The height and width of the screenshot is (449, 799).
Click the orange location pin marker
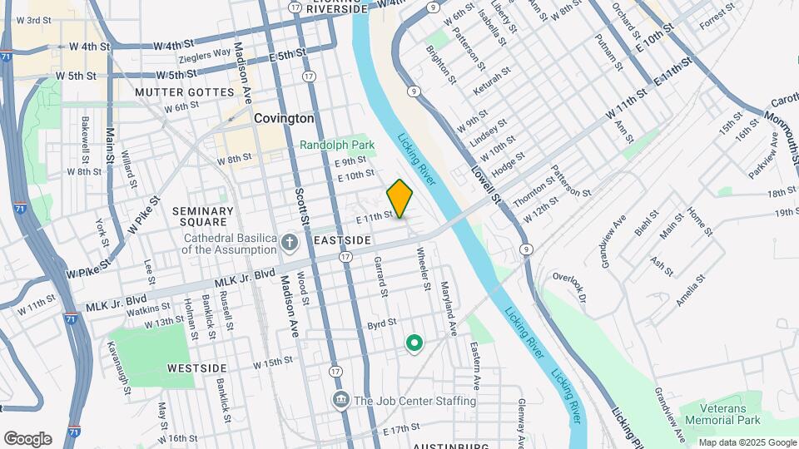click(400, 199)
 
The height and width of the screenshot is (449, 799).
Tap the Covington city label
click(284, 119)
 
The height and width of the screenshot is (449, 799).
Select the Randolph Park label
click(337, 145)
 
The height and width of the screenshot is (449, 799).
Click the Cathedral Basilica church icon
click(289, 243)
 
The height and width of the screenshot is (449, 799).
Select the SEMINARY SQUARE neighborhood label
click(202, 216)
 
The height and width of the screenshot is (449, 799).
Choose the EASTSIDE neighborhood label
click(341, 239)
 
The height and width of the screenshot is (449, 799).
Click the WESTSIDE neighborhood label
click(196, 368)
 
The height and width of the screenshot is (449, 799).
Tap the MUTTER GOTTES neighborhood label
click(184, 91)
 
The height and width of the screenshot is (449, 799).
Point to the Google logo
click(27, 439)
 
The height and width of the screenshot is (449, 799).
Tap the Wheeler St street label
click(424, 268)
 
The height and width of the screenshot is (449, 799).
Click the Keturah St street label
click(489, 86)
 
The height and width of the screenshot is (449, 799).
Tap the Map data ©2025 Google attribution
click(747, 442)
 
